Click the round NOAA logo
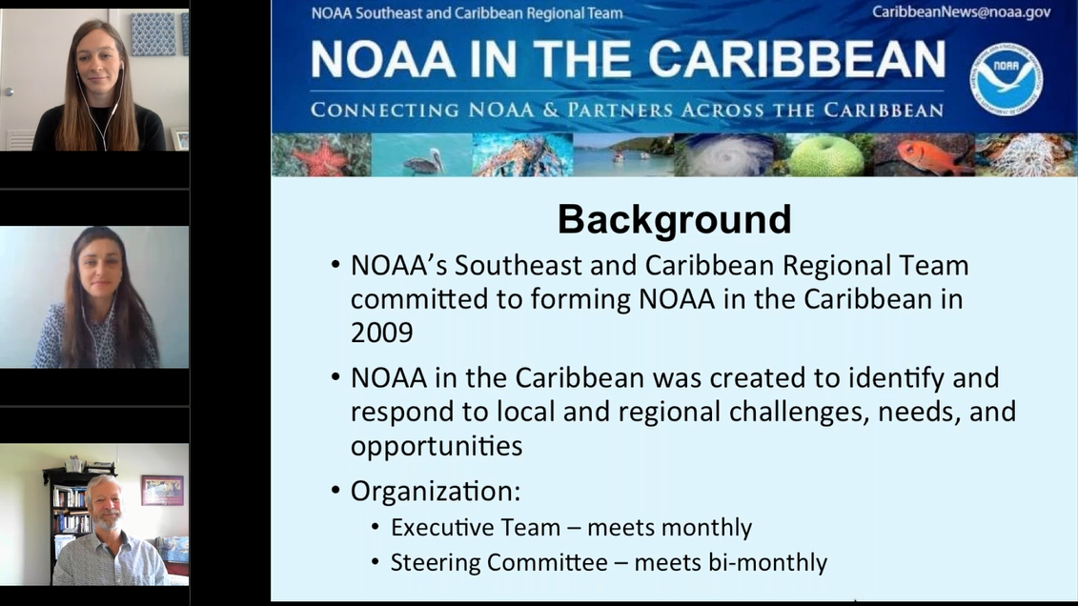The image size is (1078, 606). (1007, 80)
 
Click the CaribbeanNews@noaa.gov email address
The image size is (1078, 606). (961, 12)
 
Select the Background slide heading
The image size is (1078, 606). (674, 218)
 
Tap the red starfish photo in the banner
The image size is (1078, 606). (320, 155)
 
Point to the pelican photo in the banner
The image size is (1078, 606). (421, 155)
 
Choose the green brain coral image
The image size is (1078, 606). (825, 155)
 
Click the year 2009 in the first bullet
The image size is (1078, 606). (381, 332)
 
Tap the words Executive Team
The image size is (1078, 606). (456, 527)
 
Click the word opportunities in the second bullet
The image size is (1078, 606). (436, 445)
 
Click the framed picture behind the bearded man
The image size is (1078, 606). (161, 490)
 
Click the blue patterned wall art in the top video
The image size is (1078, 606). (153, 32)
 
